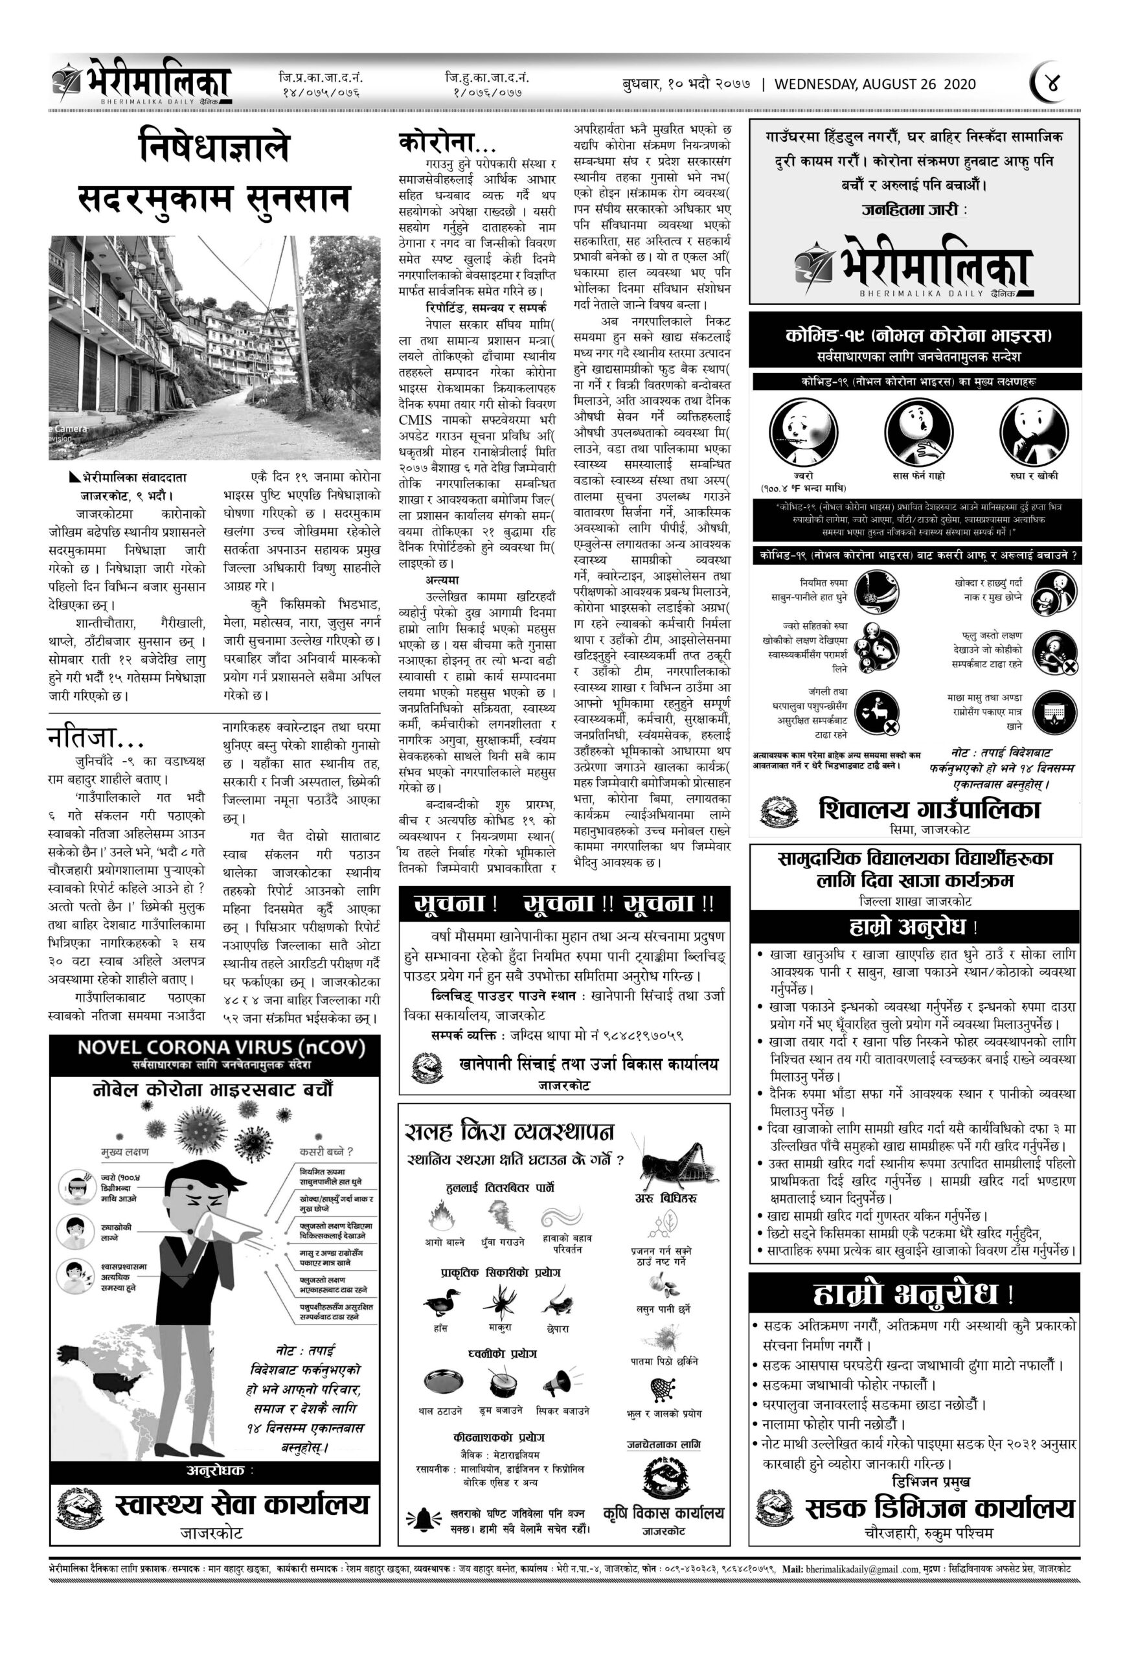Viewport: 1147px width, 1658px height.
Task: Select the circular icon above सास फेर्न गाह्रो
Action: coord(918,433)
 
